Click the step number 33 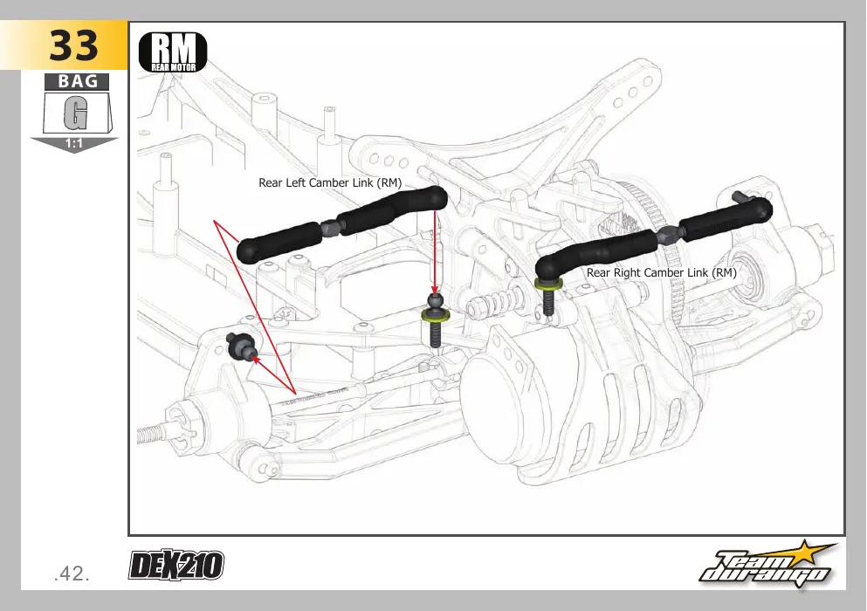click(x=73, y=45)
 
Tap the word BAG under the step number click(x=78, y=81)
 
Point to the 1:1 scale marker click(x=73, y=144)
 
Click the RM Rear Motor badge click(x=173, y=52)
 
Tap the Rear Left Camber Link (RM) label click(x=330, y=183)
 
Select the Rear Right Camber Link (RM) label click(x=661, y=272)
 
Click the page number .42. click(x=72, y=574)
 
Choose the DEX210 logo click(x=176, y=565)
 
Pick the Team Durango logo click(x=767, y=565)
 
